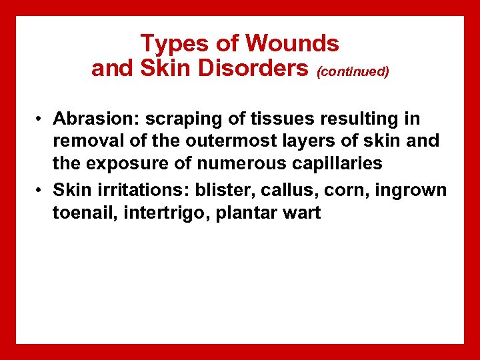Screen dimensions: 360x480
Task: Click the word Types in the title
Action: tap(173, 45)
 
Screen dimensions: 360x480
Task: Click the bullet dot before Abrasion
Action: tap(41, 119)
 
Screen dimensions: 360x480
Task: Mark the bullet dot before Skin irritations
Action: tap(41, 190)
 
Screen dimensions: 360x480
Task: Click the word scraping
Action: tap(168, 120)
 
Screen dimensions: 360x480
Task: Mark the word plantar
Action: tap(245, 214)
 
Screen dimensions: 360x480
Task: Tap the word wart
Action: tap(303, 214)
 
